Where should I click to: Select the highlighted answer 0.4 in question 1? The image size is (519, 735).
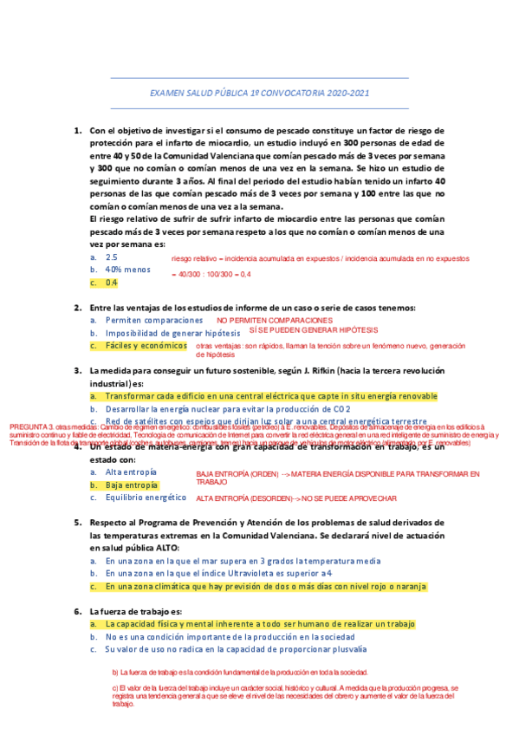[112, 283]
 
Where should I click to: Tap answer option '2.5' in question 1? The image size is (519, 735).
[112, 257]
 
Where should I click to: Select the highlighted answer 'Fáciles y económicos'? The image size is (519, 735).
[146, 346]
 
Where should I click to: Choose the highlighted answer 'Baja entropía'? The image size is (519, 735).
[132, 485]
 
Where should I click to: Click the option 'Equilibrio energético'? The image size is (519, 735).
[146, 498]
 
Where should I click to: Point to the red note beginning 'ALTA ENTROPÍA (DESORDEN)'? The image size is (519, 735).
[296, 499]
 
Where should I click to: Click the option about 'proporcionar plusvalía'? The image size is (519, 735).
[236, 649]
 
